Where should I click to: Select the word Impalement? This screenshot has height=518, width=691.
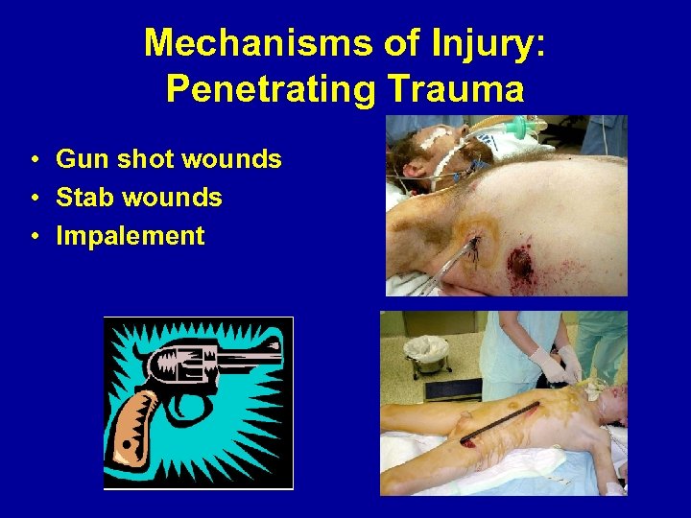(131, 236)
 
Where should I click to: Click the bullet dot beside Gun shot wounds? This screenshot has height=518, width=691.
(34, 160)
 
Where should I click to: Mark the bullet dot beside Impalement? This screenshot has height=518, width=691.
(34, 237)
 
